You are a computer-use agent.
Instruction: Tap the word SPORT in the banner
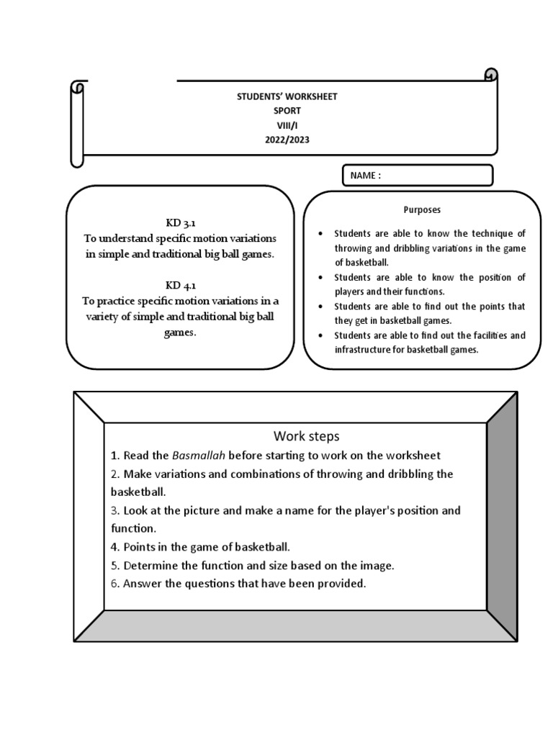click(x=287, y=111)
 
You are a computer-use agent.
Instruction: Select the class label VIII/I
click(x=287, y=125)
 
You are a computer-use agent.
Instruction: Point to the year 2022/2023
click(x=287, y=140)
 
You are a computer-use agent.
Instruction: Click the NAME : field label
click(x=366, y=176)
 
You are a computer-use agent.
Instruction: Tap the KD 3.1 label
click(x=180, y=223)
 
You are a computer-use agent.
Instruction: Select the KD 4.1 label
click(x=180, y=285)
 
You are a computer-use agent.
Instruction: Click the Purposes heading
click(x=422, y=210)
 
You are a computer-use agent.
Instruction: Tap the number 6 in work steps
click(x=114, y=584)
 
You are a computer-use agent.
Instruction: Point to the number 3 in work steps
click(x=114, y=510)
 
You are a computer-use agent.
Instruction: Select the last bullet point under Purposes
click(x=320, y=336)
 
